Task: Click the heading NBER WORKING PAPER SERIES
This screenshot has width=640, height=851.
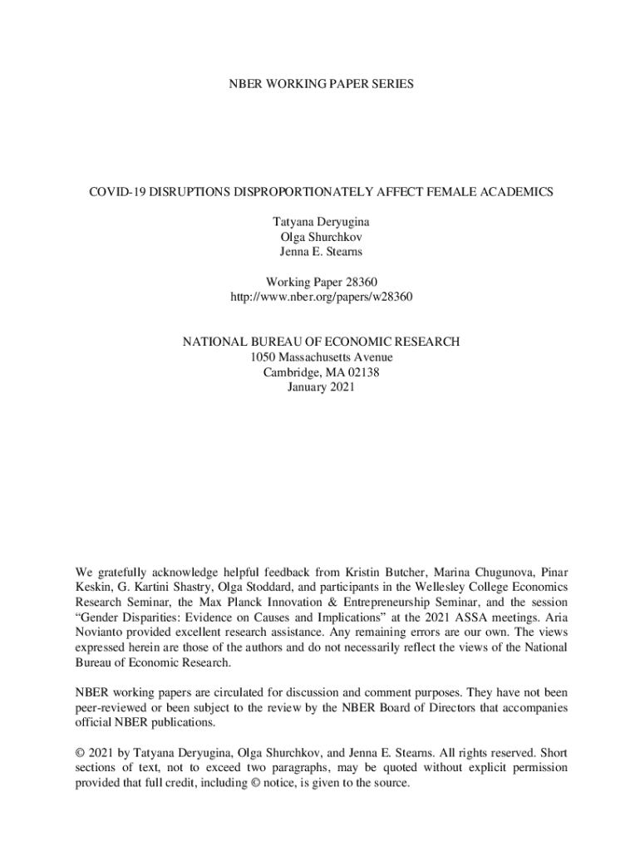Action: click(320, 84)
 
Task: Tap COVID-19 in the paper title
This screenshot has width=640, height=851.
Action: click(121, 192)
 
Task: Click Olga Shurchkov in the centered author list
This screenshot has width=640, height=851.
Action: click(321, 237)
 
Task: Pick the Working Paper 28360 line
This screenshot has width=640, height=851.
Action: click(321, 282)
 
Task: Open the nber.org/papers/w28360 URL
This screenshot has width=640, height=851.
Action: click(321, 297)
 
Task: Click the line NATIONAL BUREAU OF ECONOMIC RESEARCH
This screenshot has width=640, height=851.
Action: click(321, 342)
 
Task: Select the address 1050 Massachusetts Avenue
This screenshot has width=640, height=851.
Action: click(321, 357)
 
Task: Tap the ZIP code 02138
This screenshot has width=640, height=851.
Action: click(362, 372)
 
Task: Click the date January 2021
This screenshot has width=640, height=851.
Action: click(321, 387)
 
